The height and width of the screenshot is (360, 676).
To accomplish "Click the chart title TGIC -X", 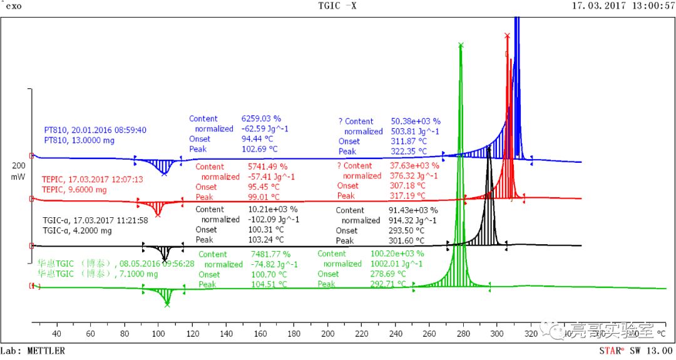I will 337,6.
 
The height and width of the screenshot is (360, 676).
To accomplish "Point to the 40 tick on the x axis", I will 57,333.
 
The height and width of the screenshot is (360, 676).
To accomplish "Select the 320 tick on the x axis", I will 531,333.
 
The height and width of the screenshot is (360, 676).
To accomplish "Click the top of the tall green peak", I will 461,45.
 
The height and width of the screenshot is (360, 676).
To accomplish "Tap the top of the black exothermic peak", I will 488,148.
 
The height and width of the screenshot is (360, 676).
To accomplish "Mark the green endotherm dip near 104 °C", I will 167,304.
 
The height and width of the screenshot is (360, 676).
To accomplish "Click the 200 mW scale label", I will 18,172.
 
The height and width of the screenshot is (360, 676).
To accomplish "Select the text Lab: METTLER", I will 33,351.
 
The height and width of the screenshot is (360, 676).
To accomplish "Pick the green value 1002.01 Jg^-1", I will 391,264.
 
